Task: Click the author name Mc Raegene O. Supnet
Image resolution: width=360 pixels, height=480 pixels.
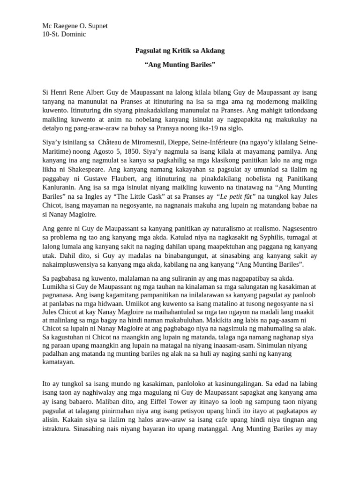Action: [x=75, y=26]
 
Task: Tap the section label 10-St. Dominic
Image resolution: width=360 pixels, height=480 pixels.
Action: [x=64, y=34]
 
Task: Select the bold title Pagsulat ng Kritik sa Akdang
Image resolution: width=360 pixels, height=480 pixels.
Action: [x=180, y=50]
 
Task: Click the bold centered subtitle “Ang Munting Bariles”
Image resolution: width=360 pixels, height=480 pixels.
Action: [x=180, y=64]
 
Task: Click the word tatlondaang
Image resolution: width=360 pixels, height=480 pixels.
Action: [x=299, y=112]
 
